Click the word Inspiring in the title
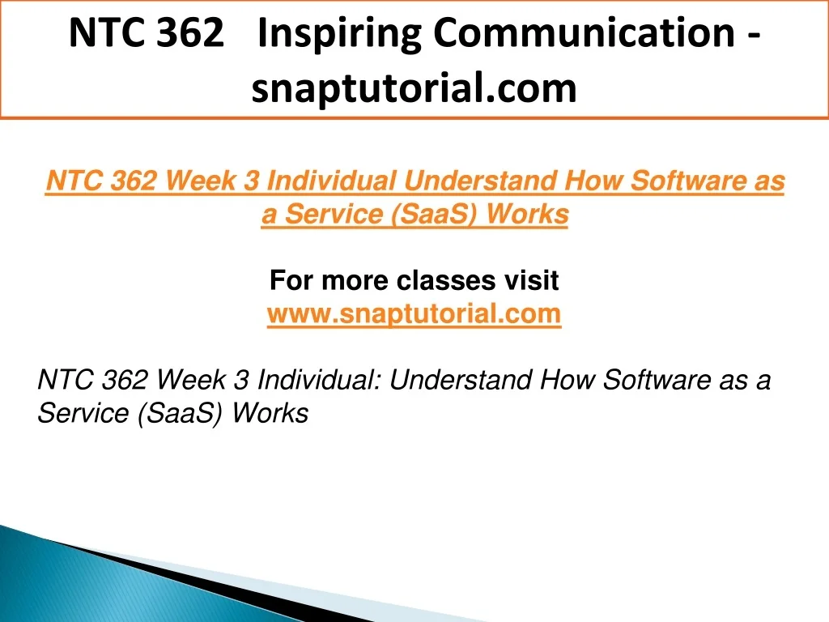(340, 34)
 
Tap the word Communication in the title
(585, 32)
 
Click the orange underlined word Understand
(479, 181)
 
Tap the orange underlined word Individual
(331, 181)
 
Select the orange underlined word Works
(527, 215)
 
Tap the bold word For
(291, 280)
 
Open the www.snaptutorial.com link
(414, 314)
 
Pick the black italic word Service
(83, 413)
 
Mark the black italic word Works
(270, 413)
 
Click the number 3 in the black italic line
(241, 380)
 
